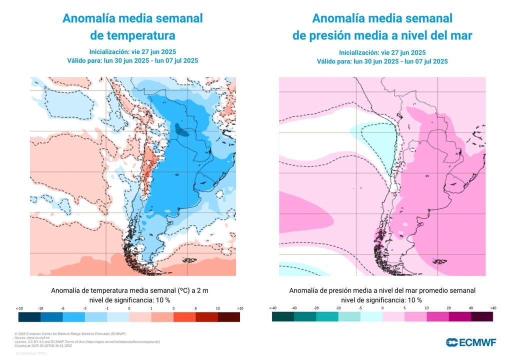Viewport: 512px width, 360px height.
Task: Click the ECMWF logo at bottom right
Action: coord(470,342)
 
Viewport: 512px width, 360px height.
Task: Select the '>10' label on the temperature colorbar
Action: coord(240,308)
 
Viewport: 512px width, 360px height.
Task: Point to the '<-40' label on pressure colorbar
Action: coord(272,308)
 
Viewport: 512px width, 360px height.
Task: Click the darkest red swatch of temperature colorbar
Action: coord(229,317)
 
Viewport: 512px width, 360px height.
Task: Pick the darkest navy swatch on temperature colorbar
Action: coord(29,317)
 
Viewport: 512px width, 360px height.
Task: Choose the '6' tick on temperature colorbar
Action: coord(195,308)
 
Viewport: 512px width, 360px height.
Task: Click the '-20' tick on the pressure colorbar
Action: coord(316,308)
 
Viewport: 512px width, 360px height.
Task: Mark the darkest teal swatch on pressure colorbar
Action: coord(283,317)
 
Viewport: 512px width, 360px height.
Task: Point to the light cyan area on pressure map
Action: coord(375,135)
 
